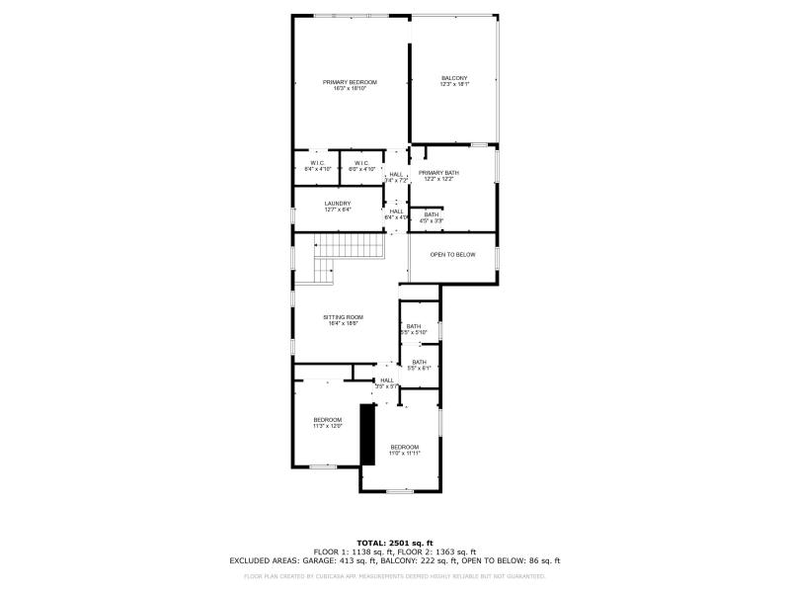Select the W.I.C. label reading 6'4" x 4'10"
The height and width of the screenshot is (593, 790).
[x=317, y=166]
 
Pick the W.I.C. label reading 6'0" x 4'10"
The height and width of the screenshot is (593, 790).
[x=361, y=166]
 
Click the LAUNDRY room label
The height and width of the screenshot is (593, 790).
[x=338, y=207]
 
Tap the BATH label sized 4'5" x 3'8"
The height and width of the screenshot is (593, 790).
[x=432, y=217]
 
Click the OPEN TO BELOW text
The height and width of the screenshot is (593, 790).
[x=452, y=255]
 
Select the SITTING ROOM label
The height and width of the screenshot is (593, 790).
[x=343, y=319]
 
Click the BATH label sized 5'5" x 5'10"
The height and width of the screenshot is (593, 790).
[x=413, y=329]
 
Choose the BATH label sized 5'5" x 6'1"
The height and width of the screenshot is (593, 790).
[x=419, y=365]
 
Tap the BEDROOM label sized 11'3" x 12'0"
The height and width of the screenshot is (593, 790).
[x=327, y=423]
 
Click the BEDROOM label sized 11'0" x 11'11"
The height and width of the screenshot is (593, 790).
[x=404, y=450]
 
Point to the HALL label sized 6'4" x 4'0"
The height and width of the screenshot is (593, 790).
[x=396, y=213]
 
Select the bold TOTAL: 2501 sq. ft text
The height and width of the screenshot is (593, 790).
[x=395, y=543]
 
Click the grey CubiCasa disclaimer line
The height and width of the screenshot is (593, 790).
[x=395, y=575]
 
